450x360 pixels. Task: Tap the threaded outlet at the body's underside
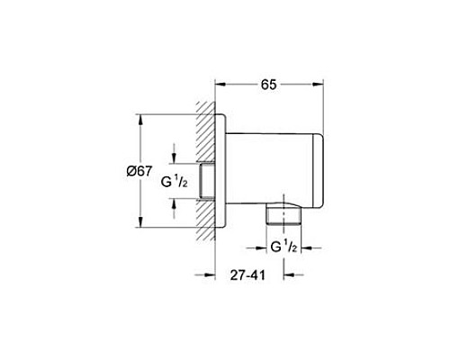click(284, 215)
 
